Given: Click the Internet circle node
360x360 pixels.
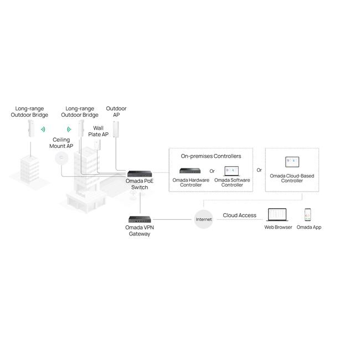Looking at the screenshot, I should [x=204, y=219].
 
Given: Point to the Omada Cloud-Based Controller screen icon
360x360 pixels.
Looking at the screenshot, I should [x=291, y=162].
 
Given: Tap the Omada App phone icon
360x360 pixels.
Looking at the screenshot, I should [x=308, y=215].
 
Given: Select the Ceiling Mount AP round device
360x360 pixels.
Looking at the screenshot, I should [x=60, y=158].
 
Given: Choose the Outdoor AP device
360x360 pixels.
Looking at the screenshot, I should [x=116, y=129].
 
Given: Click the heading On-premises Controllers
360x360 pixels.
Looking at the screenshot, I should [x=211, y=156].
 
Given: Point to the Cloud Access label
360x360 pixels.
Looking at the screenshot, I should [x=239, y=215].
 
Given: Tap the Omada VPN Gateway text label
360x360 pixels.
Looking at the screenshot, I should [x=140, y=230].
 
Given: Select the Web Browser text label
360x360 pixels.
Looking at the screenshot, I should [x=278, y=227].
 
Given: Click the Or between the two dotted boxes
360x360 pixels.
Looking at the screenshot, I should [x=259, y=170].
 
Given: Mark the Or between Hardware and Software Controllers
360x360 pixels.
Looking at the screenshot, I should [x=212, y=171].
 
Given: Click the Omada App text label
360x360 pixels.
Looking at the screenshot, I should [x=308, y=227].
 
